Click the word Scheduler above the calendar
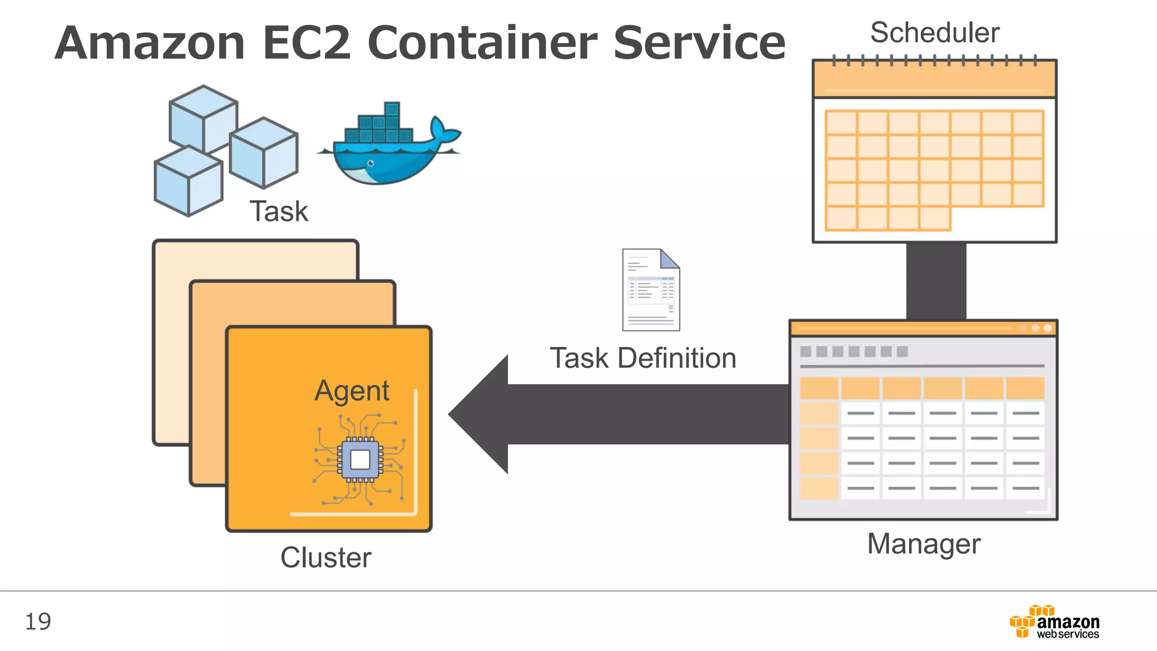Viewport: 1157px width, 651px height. (934, 33)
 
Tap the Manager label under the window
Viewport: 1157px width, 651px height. (924, 544)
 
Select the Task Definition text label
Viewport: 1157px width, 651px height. (643, 358)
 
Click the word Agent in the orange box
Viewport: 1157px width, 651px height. (352, 391)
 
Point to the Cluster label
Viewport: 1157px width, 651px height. (326, 558)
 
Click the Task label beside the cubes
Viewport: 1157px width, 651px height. (279, 212)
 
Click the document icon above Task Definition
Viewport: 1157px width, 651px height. (651, 290)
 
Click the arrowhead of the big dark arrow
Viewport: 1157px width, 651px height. (480, 414)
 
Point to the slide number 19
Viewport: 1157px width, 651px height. (38, 622)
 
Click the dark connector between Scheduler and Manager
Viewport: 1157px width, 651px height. (936, 281)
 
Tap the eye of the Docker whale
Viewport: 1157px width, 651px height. (371, 163)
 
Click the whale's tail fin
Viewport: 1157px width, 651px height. (443, 131)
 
